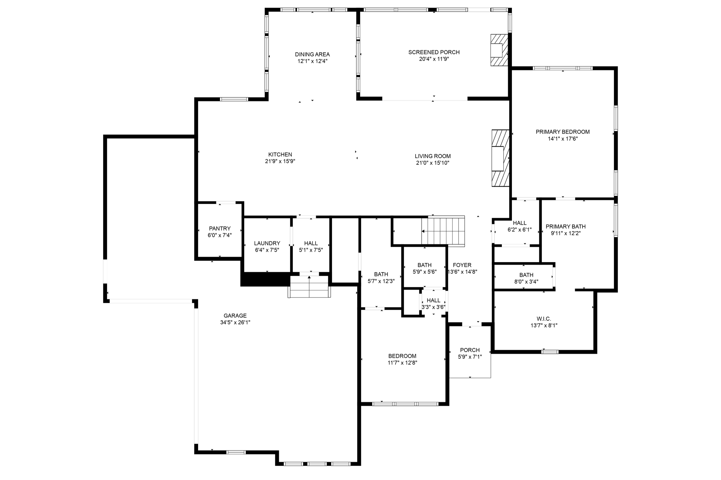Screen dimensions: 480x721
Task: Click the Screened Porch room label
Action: click(433, 52)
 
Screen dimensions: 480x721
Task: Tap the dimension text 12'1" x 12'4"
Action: click(312, 61)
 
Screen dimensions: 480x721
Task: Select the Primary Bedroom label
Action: click(562, 132)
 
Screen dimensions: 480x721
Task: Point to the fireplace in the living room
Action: click(500, 158)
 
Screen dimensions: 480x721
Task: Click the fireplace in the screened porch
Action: click(499, 50)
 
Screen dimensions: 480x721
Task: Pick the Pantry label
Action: click(219, 229)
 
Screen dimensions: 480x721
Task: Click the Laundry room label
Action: click(267, 243)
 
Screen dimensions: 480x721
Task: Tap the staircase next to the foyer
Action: click(443, 231)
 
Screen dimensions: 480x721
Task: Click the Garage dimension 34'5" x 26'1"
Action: click(235, 322)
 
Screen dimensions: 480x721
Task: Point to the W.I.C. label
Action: click(544, 319)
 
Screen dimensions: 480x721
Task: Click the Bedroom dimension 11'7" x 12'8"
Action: click(402, 363)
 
